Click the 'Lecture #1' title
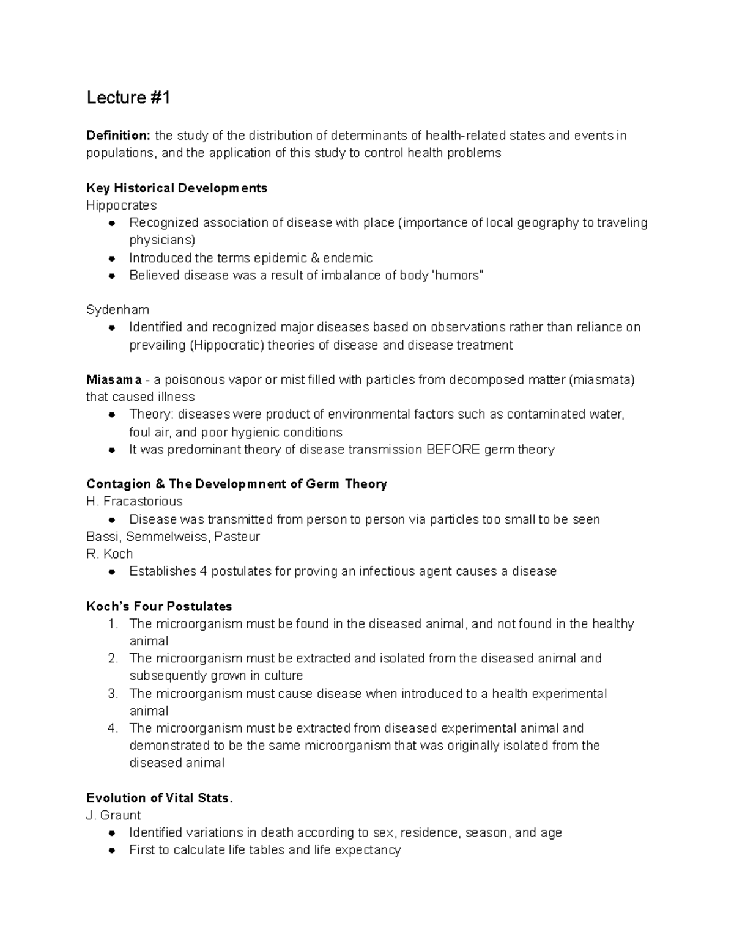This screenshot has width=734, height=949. pos(128,98)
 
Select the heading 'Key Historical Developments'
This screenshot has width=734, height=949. pos(177,188)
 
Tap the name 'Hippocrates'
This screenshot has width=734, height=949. pos(121,205)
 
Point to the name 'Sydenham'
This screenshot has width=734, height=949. pos(117,310)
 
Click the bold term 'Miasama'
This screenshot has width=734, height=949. pos(114,380)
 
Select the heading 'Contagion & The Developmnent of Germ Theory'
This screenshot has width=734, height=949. pos(237,485)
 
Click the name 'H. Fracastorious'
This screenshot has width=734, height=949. pos(134,502)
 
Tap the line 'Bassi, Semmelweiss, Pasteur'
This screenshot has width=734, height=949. pos(173,537)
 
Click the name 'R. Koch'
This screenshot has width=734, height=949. pos(109,554)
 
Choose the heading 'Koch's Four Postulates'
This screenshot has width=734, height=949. pos(159,607)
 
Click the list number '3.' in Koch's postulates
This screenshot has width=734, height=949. pos(113,694)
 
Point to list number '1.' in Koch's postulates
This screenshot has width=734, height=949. pos(113,625)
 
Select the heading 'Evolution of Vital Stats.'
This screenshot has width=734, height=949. pos(160,798)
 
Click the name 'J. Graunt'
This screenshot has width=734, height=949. pos(114,815)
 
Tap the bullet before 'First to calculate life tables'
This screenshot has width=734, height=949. pos(112,851)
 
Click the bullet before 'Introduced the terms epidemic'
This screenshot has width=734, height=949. pos(112,258)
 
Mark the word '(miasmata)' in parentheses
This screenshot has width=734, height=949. pos(602,380)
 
